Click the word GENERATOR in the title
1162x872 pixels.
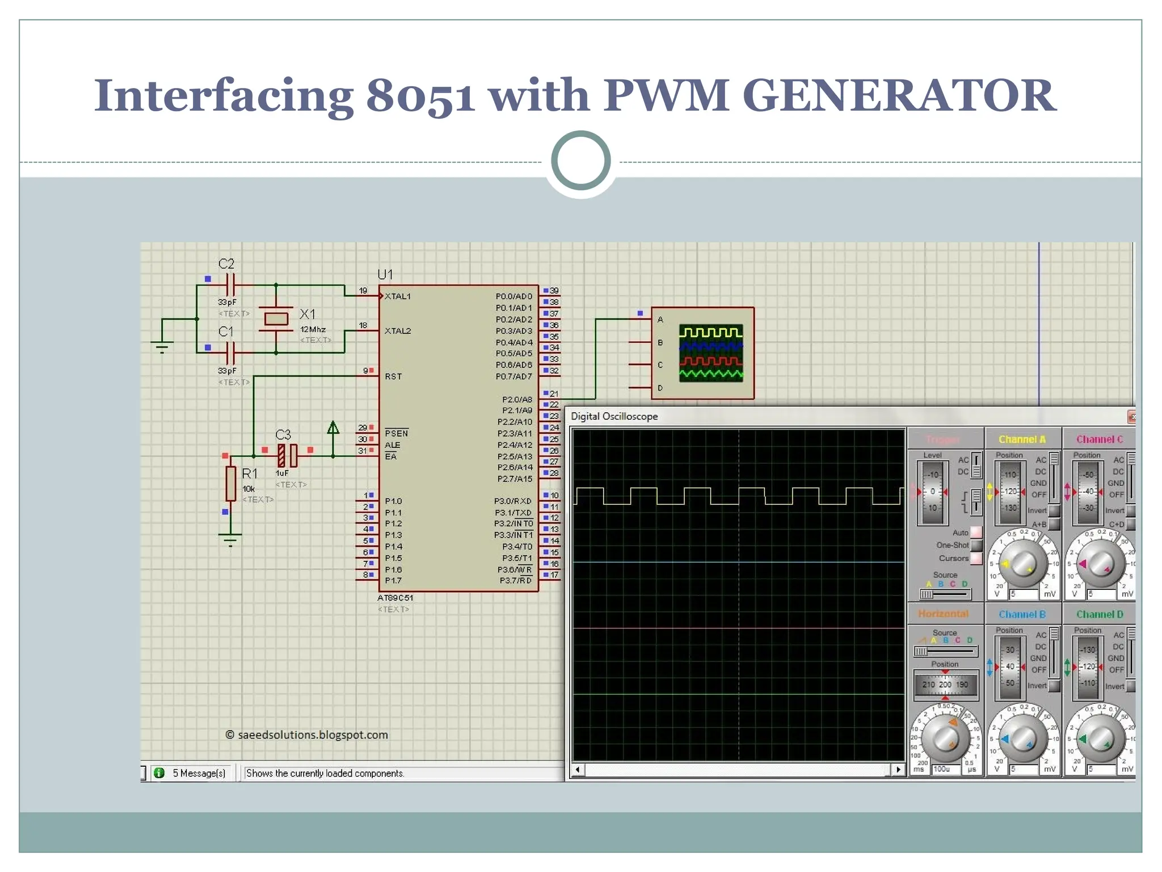click(899, 95)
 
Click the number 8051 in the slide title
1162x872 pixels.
click(420, 95)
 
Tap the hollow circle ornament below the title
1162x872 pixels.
click(580, 161)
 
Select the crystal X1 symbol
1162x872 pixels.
click(276, 318)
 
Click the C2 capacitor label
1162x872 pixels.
click(226, 264)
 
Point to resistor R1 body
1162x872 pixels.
click(230, 483)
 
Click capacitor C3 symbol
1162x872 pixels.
click(287, 455)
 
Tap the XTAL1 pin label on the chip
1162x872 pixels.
click(397, 296)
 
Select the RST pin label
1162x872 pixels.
click(393, 376)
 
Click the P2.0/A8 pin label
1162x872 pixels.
click(517, 399)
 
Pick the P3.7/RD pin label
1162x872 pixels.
click(515, 580)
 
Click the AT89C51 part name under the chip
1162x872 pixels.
click(395, 598)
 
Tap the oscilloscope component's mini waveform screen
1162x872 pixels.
click(711, 353)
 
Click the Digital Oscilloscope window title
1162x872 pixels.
click(614, 416)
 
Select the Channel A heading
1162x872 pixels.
click(1022, 439)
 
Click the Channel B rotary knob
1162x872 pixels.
click(1023, 739)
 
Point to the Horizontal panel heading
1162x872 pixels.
click(943, 614)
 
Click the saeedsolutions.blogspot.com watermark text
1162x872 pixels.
click(313, 735)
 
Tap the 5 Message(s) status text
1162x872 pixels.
click(199, 773)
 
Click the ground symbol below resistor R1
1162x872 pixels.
click(230, 539)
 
